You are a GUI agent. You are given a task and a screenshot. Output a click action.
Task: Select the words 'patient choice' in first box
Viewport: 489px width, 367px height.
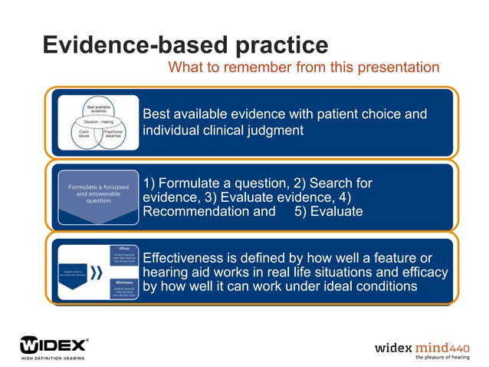pyautogui.click(x=346, y=114)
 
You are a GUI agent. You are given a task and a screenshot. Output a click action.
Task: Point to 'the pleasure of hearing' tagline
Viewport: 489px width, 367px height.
pyautogui.click(x=443, y=357)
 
